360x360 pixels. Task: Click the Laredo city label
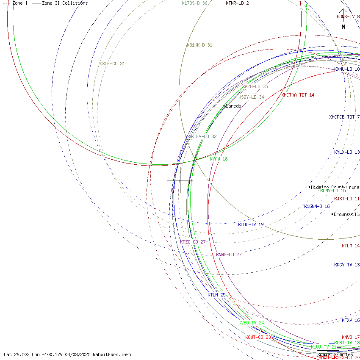[x=233, y=106]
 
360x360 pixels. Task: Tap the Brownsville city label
[x=346, y=214]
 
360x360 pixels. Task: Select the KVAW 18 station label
[x=219, y=159]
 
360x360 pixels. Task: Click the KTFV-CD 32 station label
[x=203, y=136]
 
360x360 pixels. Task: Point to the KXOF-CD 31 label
[x=112, y=64]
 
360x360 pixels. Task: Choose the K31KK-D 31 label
[x=199, y=45]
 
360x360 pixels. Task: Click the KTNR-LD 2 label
[x=237, y=3]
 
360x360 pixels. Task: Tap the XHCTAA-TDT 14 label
[x=298, y=95]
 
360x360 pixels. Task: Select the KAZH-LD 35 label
[x=255, y=86]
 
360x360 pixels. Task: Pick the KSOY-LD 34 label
[x=251, y=97]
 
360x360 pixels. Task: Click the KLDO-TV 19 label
[x=251, y=224]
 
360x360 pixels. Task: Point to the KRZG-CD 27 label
[x=193, y=242]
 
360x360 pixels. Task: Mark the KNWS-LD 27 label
[x=229, y=255]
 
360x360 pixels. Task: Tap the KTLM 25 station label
[x=216, y=295]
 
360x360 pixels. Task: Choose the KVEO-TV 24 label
[x=251, y=323]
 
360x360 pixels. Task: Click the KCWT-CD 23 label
[x=258, y=337]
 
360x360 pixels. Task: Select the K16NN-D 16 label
[x=317, y=206]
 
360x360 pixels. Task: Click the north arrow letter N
[x=343, y=27]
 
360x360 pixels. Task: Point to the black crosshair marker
[x=180, y=180]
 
